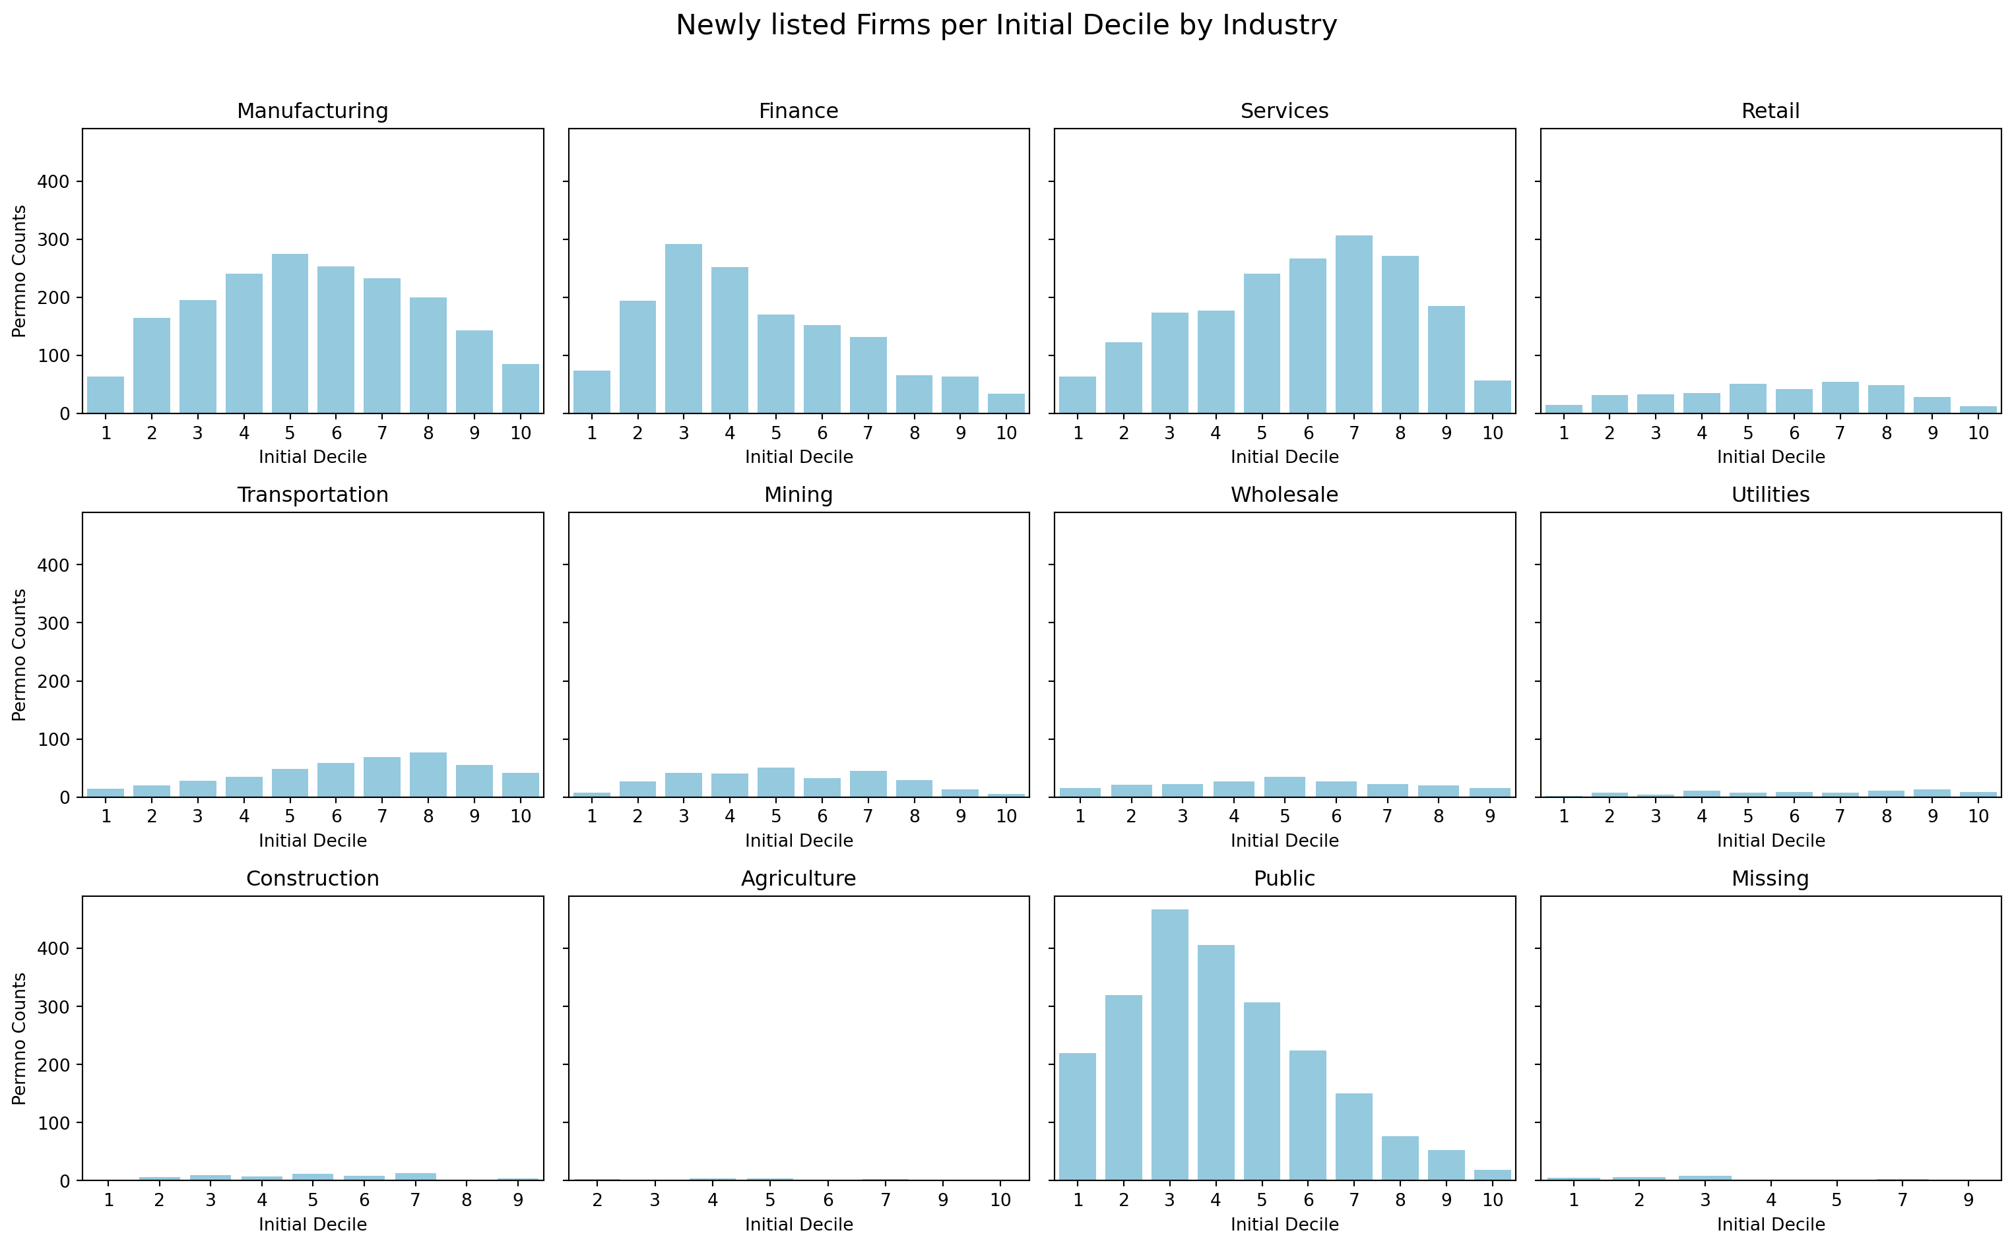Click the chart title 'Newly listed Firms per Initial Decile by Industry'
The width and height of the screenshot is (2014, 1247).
(1006, 26)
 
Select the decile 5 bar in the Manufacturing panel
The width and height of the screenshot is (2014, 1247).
(290, 334)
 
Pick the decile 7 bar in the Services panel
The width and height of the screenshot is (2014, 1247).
(1354, 325)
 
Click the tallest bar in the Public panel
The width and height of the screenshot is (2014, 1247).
(1169, 1045)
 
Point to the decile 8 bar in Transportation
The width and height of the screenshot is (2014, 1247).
(428, 776)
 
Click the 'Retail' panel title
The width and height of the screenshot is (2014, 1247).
(1770, 111)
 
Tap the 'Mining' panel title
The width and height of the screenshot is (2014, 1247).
(798, 495)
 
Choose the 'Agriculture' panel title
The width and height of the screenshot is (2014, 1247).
(798, 878)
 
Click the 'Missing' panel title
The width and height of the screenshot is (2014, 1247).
(1770, 878)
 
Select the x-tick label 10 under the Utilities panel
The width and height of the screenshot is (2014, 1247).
(1978, 816)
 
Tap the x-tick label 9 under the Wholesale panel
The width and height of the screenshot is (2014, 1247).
(1489, 816)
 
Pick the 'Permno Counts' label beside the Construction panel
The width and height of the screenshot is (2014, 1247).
(20, 1039)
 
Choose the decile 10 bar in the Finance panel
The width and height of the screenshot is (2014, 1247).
(1006, 404)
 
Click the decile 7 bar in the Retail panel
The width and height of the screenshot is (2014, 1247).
(1840, 398)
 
